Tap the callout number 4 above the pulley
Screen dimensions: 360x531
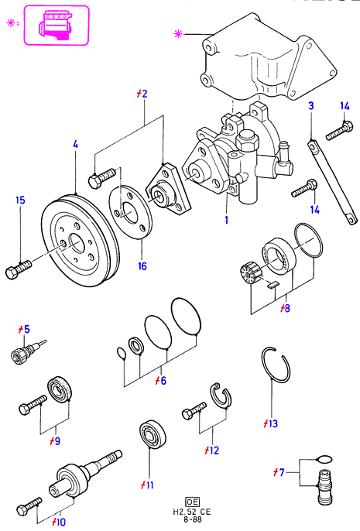(76, 144)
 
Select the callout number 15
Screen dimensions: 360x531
(20, 200)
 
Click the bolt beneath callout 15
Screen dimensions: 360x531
(19, 269)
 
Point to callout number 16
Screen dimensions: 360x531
(142, 265)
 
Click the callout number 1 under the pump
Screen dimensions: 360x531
(227, 220)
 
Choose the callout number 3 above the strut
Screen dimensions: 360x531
(311, 105)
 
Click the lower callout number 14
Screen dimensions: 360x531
(314, 210)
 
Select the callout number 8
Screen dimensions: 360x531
(287, 308)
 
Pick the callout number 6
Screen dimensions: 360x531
(163, 380)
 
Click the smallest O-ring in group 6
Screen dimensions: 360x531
(122, 352)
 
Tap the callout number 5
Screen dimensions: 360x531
(27, 329)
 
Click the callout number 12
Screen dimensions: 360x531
(214, 450)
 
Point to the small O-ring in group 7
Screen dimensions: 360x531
(324, 459)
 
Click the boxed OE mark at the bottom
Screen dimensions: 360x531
(192, 502)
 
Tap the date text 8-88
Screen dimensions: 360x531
(192, 519)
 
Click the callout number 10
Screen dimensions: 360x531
(61, 522)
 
